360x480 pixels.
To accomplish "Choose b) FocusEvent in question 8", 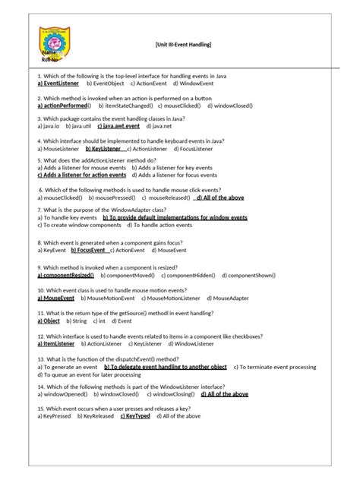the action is tap(89, 249).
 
